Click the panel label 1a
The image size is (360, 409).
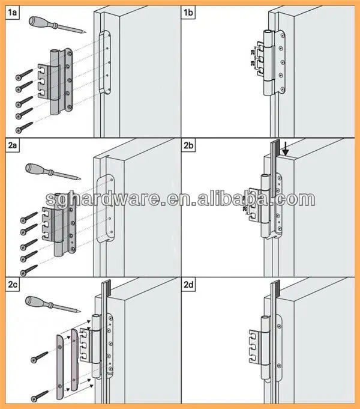12,11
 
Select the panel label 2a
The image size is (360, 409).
12,147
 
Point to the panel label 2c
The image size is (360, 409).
12,283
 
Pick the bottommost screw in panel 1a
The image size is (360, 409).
24,127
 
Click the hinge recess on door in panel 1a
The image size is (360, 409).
106,63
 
